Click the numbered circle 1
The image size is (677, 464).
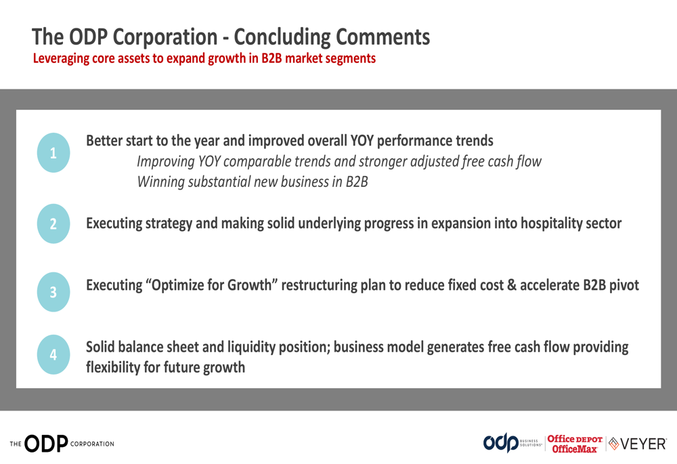tap(53, 152)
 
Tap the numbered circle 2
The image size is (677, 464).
tap(53, 224)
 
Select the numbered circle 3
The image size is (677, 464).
tap(53, 292)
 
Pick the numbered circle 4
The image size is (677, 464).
tap(53, 355)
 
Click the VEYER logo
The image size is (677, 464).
tap(637, 444)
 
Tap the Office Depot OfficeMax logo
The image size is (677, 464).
tap(575, 444)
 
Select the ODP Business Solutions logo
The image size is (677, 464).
tap(512, 443)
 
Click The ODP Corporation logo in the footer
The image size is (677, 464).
tap(62, 444)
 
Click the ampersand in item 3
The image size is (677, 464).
tap(512, 285)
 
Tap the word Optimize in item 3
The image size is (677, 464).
tap(177, 285)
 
